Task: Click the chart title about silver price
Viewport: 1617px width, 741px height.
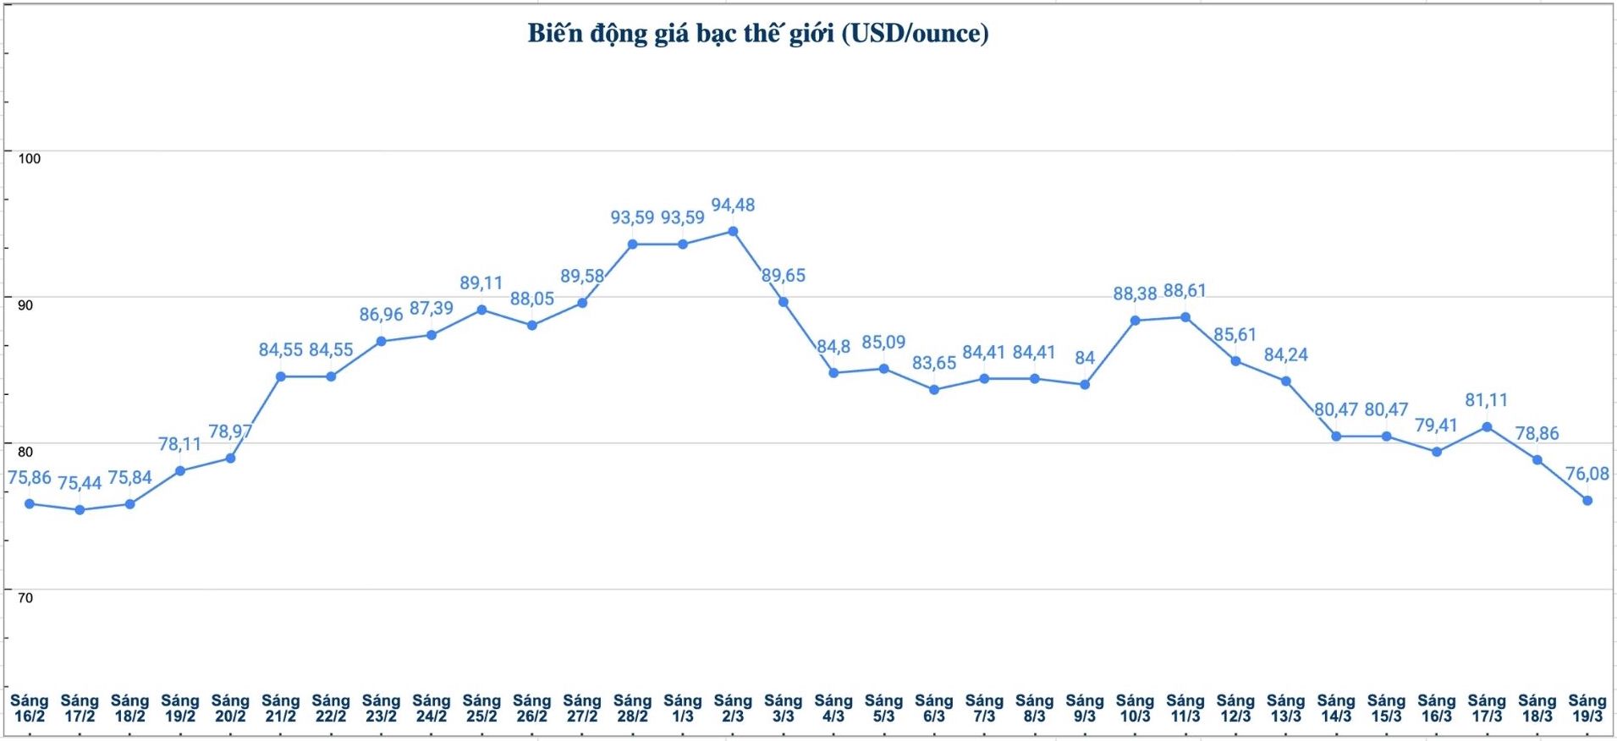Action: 757,34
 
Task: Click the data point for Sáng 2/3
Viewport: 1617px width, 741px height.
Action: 733,231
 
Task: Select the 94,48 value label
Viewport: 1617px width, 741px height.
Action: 733,206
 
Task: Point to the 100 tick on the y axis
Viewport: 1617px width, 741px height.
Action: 30,158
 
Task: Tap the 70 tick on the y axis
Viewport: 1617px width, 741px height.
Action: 25,598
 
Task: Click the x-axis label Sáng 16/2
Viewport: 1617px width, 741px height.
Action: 30,708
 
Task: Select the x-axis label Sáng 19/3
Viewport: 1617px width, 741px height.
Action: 1587,708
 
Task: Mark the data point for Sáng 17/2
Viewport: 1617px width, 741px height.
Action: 80,510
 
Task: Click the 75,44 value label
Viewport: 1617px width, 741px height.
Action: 80,483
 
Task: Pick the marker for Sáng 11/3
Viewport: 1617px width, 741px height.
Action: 1185,317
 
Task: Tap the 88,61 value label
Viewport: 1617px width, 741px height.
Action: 1185,291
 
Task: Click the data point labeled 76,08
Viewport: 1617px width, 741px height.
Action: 1587,501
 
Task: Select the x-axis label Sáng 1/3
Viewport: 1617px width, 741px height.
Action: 682,708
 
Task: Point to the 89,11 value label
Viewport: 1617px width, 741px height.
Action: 481,283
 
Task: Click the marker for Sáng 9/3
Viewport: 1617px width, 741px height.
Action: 1085,384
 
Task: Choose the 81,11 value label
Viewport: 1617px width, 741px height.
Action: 1487,400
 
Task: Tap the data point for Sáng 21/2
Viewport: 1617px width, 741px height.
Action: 280,376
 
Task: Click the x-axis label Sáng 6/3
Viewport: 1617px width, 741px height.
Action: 933,708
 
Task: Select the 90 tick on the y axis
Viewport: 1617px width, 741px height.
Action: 25,305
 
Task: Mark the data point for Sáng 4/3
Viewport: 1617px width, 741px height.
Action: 833,372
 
